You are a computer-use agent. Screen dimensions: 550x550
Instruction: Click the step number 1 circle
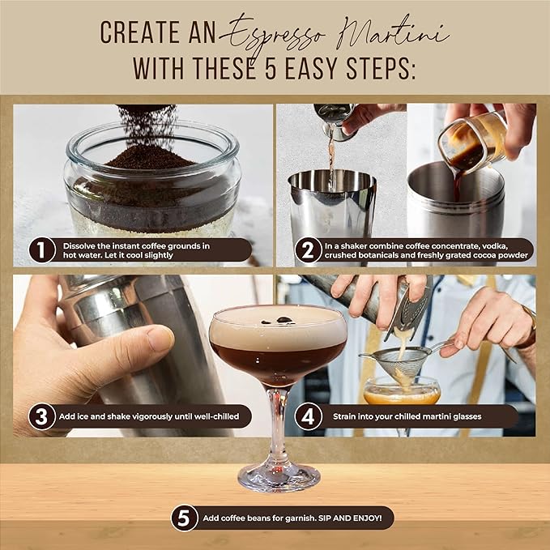[x=42, y=249]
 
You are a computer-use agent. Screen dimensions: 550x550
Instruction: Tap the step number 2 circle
[x=306, y=249]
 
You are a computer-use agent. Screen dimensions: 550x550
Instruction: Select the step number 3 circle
[x=41, y=416]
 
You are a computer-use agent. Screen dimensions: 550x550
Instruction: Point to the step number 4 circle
[x=306, y=416]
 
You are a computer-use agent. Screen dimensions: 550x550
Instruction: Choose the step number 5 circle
[x=185, y=518]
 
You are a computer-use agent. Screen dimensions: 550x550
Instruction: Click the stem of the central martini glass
[x=277, y=421]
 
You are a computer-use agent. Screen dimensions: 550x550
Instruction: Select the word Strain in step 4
[x=346, y=416]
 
